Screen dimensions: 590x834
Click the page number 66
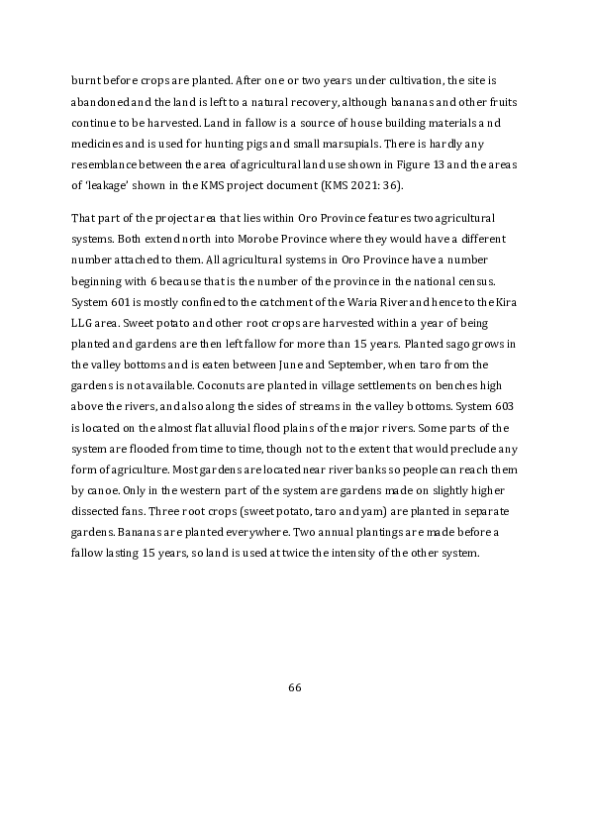pos(294,688)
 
